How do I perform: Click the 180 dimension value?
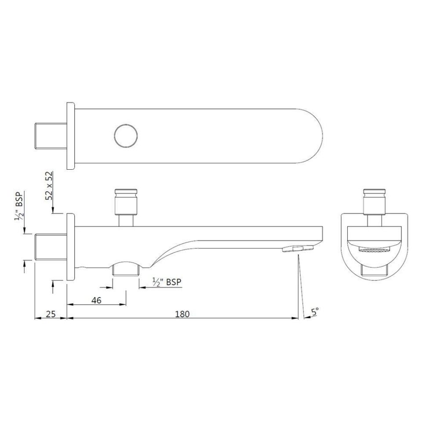pos(182,314)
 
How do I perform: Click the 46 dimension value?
pos(96,300)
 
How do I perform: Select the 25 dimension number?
pos(51,314)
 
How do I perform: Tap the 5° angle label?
pos(315,312)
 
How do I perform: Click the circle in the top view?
pos(126,135)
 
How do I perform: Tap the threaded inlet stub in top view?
pos(51,135)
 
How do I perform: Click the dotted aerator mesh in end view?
pos(375,250)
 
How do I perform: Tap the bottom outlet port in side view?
pos(126,268)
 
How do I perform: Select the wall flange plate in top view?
pos(70,135)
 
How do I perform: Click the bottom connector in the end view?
pos(375,271)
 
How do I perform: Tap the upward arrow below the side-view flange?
pos(53,287)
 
